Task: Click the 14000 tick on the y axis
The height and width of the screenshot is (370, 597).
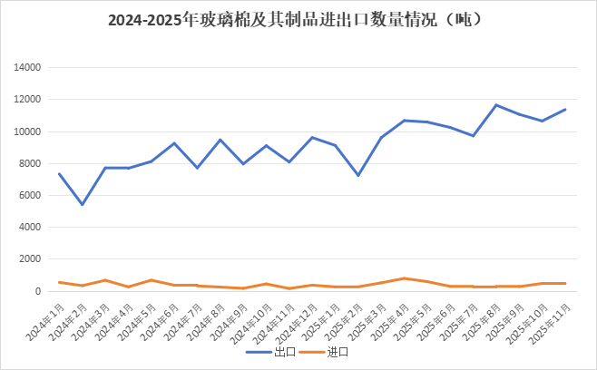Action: click(28, 67)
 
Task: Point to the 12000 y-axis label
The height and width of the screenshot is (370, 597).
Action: click(28, 100)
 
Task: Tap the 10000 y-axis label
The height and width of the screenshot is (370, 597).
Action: click(28, 131)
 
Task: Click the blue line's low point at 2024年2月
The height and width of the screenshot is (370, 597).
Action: click(83, 204)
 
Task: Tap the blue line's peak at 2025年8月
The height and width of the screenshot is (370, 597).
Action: click(495, 104)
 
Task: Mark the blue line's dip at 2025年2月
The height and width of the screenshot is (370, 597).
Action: click(358, 175)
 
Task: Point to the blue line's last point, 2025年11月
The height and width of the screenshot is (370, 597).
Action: click(565, 109)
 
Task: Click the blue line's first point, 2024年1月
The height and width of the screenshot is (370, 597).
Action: click(59, 173)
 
